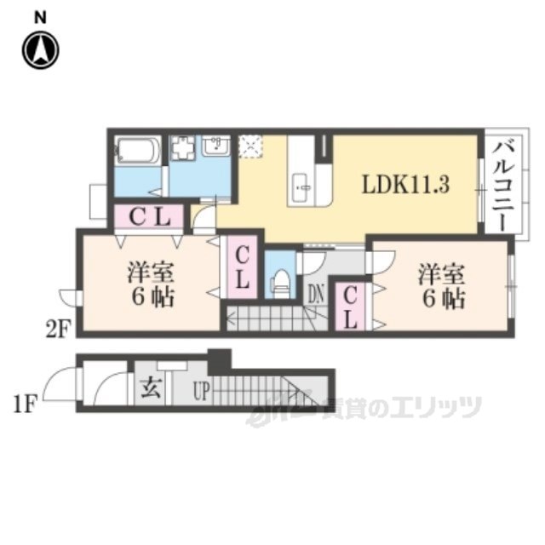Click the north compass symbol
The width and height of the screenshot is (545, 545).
40,49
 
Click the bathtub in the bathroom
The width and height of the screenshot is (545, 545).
136,152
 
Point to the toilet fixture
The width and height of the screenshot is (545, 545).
281,281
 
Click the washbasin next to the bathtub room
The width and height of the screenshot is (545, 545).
215,147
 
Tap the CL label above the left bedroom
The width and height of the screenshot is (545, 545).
151,218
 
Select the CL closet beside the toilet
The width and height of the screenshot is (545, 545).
243,267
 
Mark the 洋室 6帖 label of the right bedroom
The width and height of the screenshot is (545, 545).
440,286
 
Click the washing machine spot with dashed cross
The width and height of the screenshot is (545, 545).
251,146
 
